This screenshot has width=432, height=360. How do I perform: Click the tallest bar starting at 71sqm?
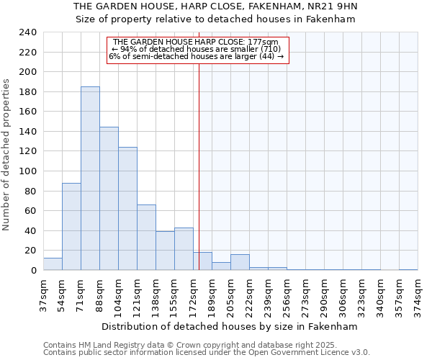[90, 179]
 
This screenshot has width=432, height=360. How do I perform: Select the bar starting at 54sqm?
[71, 227]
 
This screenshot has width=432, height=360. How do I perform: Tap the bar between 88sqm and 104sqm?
[109, 199]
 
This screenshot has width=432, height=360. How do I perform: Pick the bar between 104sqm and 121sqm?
[127, 209]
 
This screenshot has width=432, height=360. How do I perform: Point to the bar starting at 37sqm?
[53, 264]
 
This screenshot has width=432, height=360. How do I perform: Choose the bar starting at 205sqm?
[240, 262]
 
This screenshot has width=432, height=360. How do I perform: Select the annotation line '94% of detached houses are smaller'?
[197, 49]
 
